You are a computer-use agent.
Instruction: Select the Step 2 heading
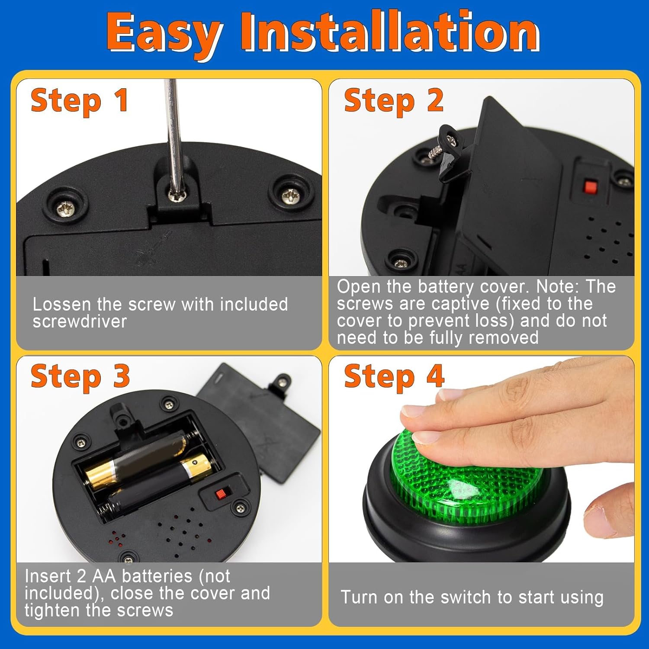[394, 100]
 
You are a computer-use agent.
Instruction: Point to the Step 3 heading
[80, 376]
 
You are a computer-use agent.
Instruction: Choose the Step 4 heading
[394, 376]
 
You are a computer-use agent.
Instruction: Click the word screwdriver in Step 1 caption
[80, 322]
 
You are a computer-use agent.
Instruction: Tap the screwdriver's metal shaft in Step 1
[173, 130]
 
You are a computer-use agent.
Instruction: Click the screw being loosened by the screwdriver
[178, 195]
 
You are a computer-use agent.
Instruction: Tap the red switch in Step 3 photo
[221, 493]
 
